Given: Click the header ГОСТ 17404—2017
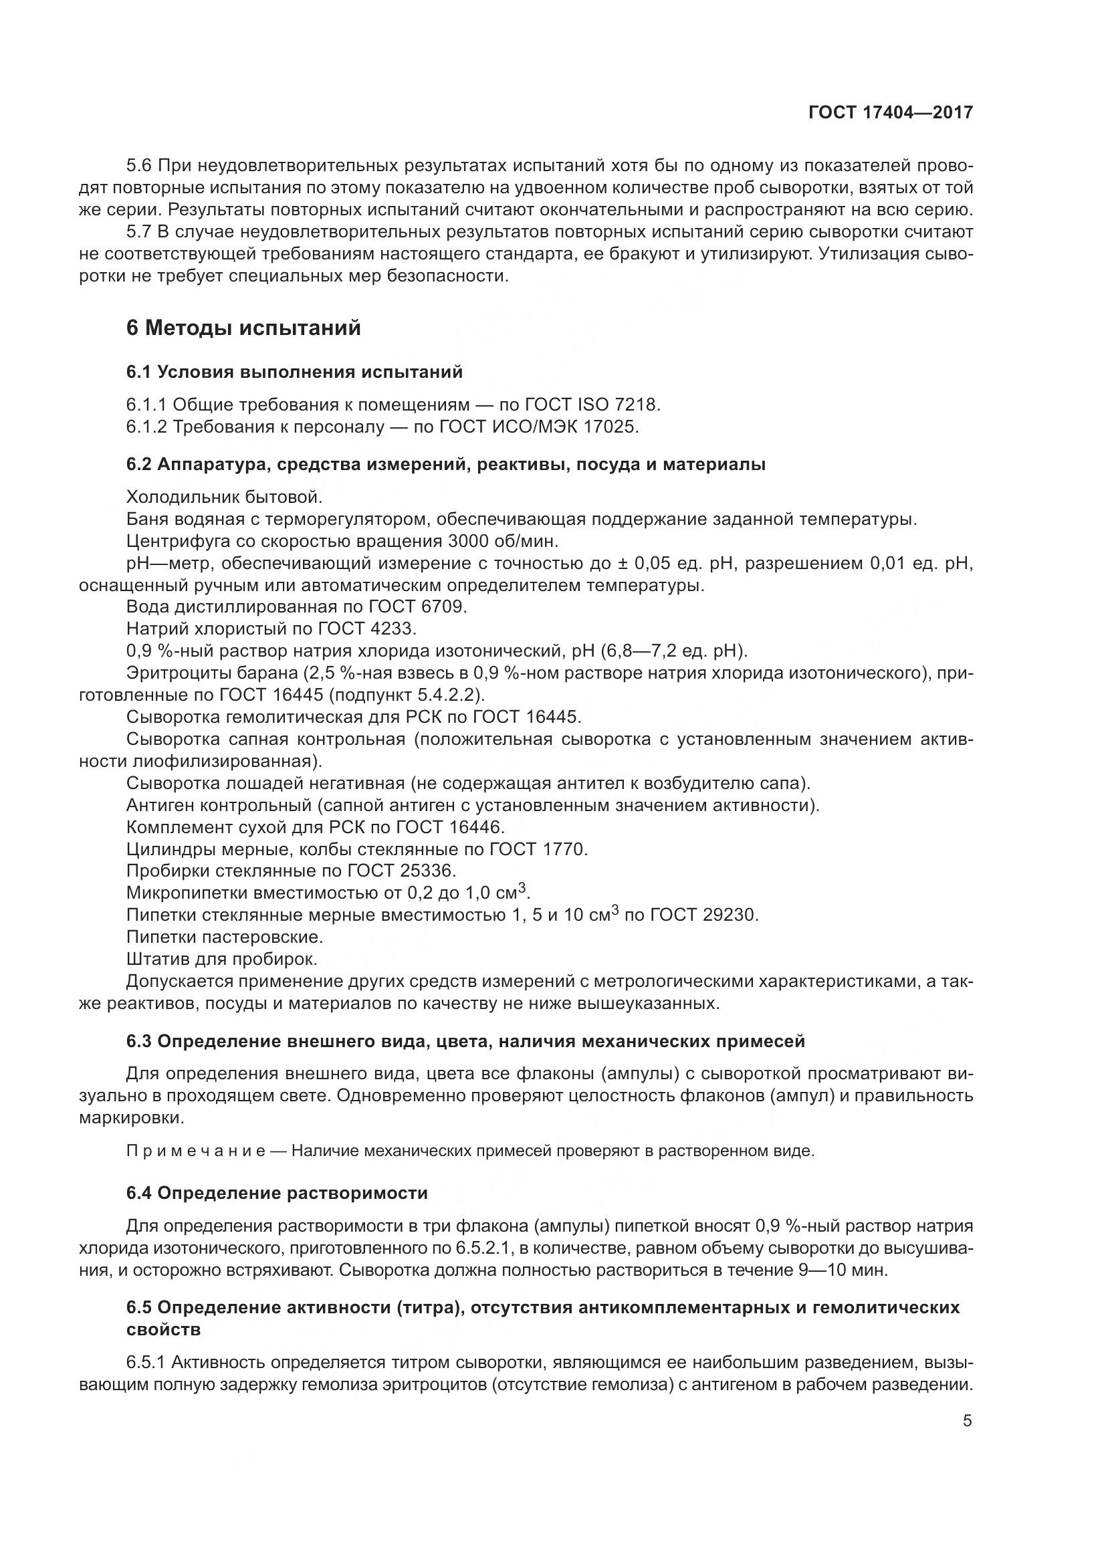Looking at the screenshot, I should coord(890,112).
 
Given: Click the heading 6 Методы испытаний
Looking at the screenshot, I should coord(243,328).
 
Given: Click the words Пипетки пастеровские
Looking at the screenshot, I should coord(224,937).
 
